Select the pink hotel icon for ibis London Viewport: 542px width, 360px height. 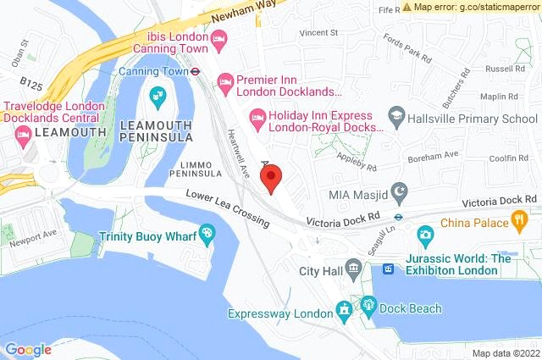[x=218, y=37]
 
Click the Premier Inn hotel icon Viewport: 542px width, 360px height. [x=225, y=83]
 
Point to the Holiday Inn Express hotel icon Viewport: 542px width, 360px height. [x=256, y=114]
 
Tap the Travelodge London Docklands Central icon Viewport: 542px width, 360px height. [x=21, y=133]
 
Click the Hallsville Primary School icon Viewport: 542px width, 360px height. [x=395, y=114]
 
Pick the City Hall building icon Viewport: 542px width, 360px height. [x=354, y=271]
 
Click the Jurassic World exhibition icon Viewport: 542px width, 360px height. [x=389, y=269]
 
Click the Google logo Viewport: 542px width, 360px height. [x=27, y=349]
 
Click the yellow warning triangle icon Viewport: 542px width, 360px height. [x=407, y=7]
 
